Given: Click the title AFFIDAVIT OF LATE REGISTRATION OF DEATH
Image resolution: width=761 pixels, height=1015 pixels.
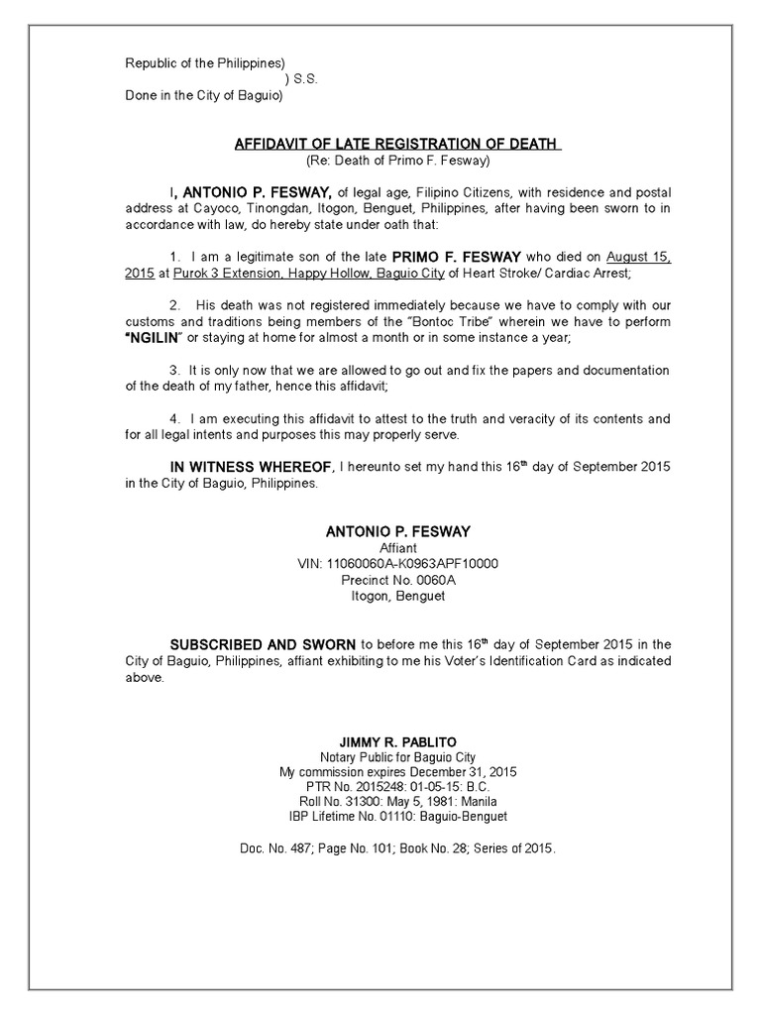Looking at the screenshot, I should coord(397,144).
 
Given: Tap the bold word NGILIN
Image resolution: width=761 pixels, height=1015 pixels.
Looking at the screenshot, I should coord(159,338).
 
